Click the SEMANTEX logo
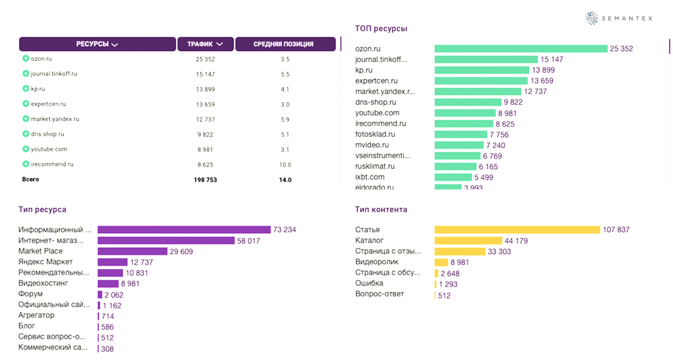(x=619, y=19)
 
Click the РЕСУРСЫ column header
(x=97, y=44)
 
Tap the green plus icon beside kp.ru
(x=26, y=89)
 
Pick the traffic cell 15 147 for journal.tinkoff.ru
(x=205, y=74)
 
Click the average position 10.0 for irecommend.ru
(x=285, y=165)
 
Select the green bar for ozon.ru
(x=521, y=49)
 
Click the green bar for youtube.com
(x=465, y=113)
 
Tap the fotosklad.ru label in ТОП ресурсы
(x=375, y=134)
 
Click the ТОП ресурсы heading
(x=381, y=29)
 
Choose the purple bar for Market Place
(x=132, y=251)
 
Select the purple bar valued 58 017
(x=166, y=241)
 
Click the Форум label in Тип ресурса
(x=31, y=294)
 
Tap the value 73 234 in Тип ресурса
(x=284, y=230)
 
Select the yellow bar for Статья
(x=517, y=230)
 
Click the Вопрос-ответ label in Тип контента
(x=379, y=294)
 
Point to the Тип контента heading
(x=381, y=209)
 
